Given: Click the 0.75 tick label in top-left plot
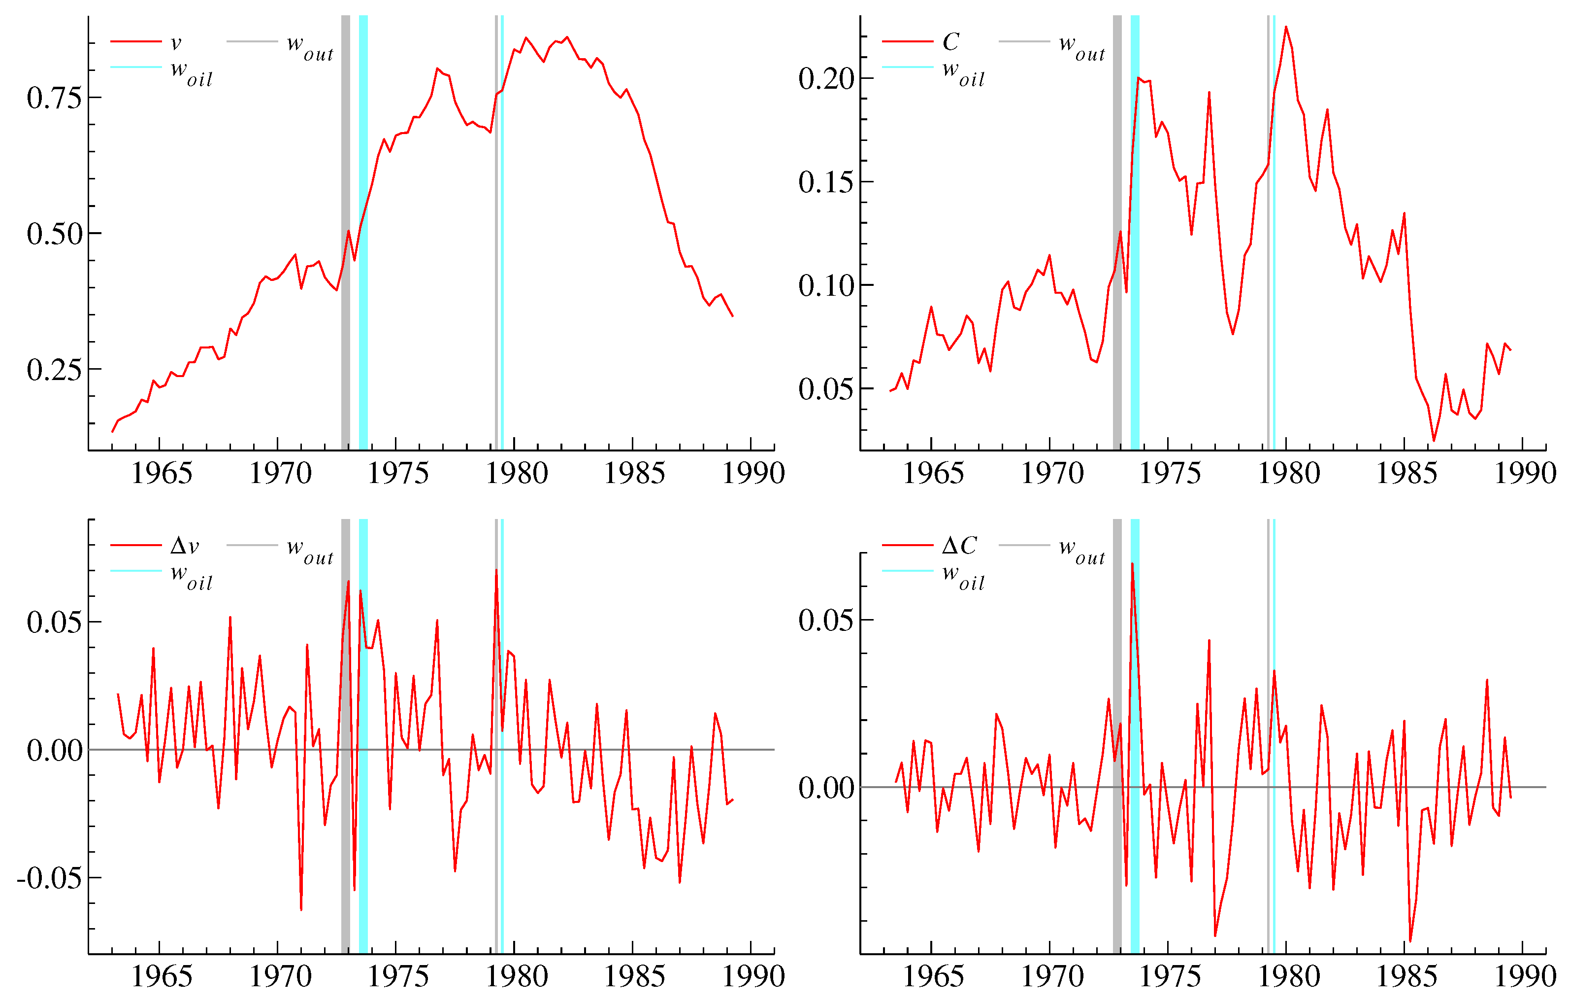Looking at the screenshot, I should point(55,98).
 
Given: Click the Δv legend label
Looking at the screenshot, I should point(184,546).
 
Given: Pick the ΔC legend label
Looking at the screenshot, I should point(959,546).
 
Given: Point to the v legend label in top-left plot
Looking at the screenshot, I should point(175,43).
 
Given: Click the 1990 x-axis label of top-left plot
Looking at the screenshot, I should point(753,473).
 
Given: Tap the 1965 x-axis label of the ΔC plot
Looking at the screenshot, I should point(933,976).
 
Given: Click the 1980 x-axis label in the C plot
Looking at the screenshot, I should point(1288,473).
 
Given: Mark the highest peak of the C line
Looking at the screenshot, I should point(1285,28).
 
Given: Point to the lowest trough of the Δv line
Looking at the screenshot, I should point(301,909).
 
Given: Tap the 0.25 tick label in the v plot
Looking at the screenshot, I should point(55,370).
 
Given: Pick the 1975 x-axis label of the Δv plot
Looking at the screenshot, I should point(398,976).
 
